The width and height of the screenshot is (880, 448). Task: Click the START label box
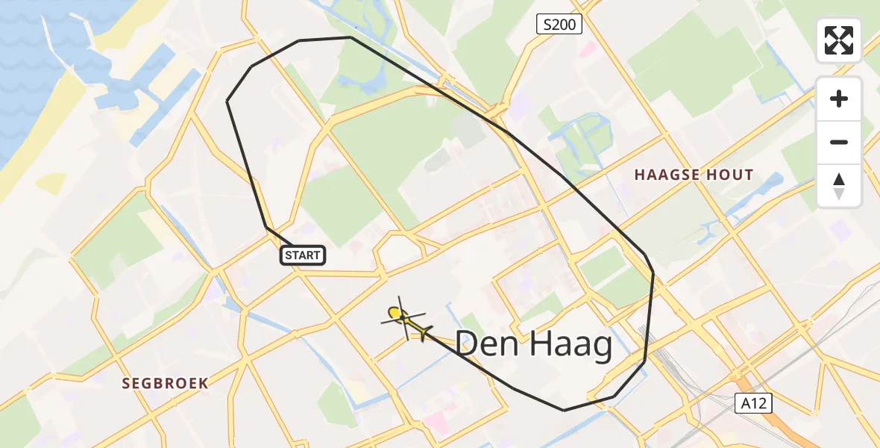303,255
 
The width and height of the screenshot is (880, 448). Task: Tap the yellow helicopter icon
404,320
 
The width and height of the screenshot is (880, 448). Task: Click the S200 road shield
559,25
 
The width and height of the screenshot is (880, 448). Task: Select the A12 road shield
756,403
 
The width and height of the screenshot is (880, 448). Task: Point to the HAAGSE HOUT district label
694,175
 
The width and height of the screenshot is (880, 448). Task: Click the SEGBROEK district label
166,383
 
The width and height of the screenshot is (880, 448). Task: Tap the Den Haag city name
533,345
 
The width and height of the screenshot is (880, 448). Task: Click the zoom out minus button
839,143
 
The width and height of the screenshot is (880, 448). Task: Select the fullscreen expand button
839,40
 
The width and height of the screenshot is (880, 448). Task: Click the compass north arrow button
839,185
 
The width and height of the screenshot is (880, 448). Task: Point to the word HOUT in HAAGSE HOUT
731,175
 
